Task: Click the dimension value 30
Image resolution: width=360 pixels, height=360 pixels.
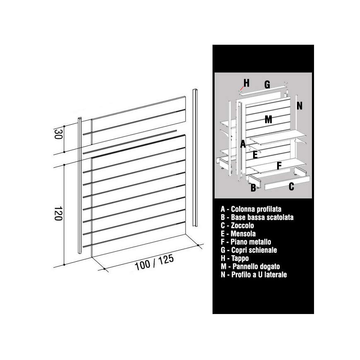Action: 58,134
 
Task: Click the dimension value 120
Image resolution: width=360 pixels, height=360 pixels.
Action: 58,213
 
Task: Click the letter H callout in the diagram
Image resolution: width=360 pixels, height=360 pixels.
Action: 246,83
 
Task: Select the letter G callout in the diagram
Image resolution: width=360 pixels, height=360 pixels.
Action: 267,85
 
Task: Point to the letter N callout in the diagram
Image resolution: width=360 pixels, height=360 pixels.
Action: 300,106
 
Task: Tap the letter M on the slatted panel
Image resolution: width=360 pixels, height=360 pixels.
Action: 268,119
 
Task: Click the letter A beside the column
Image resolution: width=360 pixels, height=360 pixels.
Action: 243,144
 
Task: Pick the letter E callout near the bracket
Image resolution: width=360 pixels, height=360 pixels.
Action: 255,155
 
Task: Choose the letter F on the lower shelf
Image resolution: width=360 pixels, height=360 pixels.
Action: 279,166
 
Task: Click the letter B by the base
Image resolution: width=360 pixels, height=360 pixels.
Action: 253,188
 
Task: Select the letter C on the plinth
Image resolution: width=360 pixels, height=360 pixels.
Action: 291,186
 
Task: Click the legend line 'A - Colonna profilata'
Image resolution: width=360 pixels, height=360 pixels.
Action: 251,209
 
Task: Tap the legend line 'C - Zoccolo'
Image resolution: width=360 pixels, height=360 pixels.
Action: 237,225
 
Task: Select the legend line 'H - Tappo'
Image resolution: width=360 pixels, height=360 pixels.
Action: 234,258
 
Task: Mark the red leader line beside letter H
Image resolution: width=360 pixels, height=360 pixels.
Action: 242,88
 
